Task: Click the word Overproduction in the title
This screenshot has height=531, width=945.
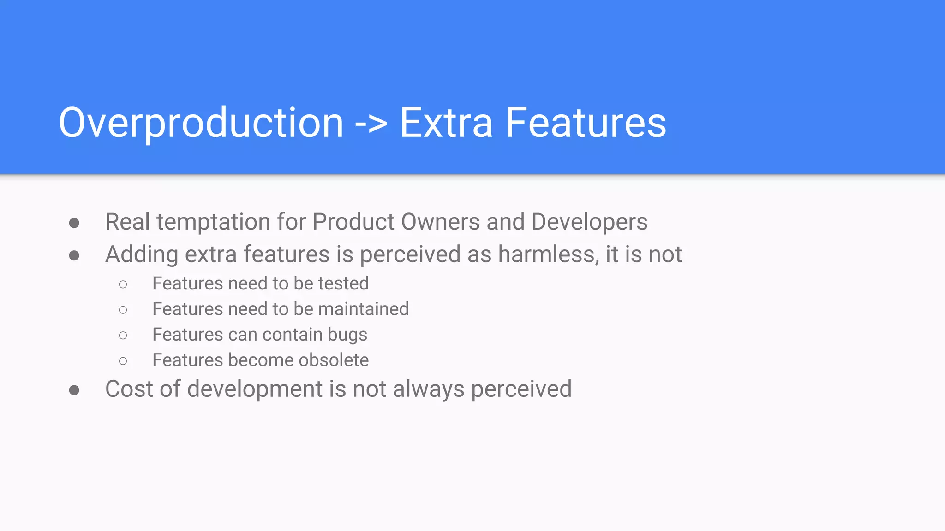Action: coord(201,123)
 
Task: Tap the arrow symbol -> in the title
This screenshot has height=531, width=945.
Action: coord(371,124)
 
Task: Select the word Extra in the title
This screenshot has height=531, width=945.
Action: coord(446,123)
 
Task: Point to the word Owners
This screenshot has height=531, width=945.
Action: coord(440,222)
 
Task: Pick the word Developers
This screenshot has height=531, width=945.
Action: coord(589,222)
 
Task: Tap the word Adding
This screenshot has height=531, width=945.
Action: coord(142,255)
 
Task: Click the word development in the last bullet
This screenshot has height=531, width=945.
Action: coord(255,389)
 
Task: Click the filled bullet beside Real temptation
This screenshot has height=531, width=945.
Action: coord(74,223)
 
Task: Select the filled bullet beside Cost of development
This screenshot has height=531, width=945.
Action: coord(74,390)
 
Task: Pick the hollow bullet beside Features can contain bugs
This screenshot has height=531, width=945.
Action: coord(123,335)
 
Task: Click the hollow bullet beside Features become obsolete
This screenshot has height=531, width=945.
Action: coord(123,361)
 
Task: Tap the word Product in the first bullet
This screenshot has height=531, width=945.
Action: coord(353,222)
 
